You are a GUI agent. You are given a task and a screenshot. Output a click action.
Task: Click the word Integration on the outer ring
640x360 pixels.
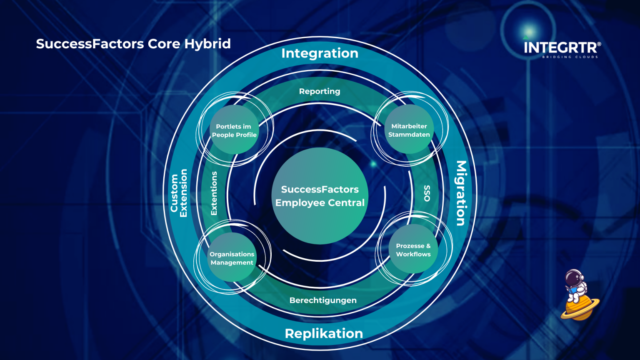320,53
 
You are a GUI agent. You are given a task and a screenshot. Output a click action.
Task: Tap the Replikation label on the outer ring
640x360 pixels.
324,333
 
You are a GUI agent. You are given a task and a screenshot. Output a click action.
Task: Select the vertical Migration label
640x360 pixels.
461,193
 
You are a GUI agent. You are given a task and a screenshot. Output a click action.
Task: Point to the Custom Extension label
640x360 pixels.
179,193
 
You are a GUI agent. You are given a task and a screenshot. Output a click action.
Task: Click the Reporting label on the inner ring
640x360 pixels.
320,91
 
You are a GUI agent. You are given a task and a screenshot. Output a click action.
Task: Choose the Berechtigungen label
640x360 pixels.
323,300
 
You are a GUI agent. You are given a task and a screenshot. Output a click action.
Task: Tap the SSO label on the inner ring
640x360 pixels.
427,193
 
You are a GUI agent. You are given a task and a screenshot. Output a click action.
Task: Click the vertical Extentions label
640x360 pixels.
214,193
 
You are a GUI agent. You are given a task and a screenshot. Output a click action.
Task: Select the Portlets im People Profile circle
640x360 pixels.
234,130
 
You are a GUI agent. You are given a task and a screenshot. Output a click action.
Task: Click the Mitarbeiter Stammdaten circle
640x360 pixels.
409,130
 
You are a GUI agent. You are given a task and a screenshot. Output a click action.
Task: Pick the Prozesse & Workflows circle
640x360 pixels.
413,250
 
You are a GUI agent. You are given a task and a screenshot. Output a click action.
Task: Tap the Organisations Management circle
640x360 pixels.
232,258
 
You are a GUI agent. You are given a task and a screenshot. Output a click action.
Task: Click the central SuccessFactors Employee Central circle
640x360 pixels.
320,196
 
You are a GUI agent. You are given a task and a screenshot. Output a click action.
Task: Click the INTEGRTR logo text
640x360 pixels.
560,47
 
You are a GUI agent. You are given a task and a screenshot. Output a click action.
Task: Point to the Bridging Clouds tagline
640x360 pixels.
570,57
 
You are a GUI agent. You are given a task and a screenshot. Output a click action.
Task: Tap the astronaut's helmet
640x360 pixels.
574,277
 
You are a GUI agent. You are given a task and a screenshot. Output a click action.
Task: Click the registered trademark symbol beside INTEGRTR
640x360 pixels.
599,44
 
